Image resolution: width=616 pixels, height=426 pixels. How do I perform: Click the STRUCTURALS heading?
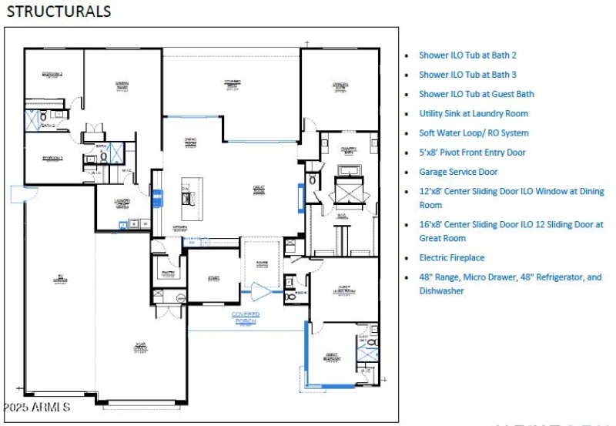click(x=59, y=12)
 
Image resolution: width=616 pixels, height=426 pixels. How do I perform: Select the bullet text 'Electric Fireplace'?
click(x=451, y=257)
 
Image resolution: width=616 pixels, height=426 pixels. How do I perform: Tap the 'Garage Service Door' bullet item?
click(x=458, y=172)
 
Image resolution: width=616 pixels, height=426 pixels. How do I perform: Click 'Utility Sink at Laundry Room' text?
click(x=474, y=113)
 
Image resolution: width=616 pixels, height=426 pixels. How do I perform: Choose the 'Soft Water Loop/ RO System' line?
click(x=474, y=132)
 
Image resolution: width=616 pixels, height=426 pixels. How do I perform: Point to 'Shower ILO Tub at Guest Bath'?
click(x=476, y=94)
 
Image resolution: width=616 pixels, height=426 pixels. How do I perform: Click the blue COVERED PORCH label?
click(x=246, y=317)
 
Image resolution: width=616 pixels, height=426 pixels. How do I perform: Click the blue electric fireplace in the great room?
click(x=300, y=197)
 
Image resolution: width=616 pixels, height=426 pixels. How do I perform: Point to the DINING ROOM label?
click(x=190, y=141)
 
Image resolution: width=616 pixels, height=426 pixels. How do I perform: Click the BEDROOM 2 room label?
click(x=52, y=75)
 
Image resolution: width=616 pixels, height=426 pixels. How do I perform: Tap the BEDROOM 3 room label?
click(x=52, y=159)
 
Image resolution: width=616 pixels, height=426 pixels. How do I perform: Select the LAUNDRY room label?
click(x=122, y=203)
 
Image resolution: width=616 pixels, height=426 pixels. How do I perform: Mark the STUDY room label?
click(x=213, y=278)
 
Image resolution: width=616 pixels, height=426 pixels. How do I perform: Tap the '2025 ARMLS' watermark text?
click(x=37, y=407)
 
